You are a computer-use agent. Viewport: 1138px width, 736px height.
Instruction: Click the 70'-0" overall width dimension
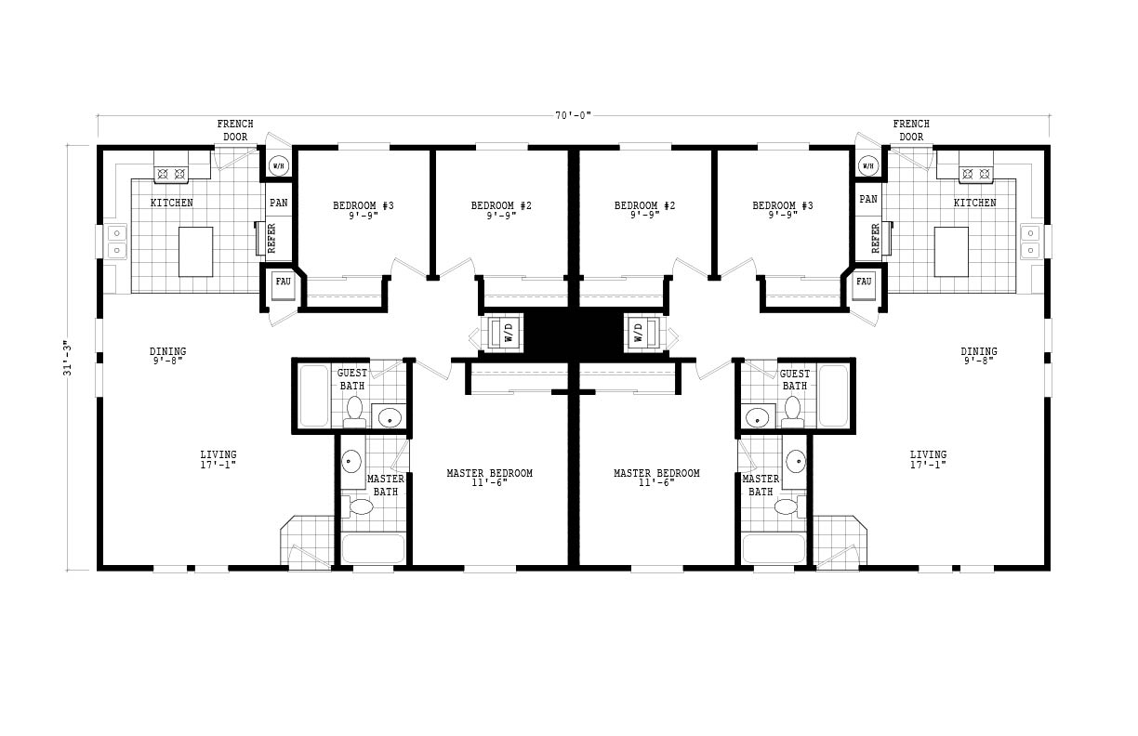pyautogui.click(x=573, y=116)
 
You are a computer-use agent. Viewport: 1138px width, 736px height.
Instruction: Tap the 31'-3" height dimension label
pyautogui.click(x=67, y=358)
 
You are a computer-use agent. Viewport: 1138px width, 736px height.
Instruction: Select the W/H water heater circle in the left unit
pyautogui.click(x=278, y=165)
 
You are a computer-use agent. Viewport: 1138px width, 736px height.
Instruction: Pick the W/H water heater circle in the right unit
pyautogui.click(x=868, y=165)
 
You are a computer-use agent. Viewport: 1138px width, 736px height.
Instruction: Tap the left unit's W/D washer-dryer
pyautogui.click(x=505, y=334)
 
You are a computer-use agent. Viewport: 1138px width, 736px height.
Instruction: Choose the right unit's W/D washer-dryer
pyautogui.click(x=642, y=334)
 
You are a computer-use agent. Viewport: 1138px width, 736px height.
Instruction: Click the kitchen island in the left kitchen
pyautogui.click(x=195, y=252)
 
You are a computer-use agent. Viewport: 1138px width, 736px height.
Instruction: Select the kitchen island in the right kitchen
pyautogui.click(x=951, y=252)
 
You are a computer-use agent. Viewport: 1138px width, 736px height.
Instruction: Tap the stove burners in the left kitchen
pyautogui.click(x=171, y=174)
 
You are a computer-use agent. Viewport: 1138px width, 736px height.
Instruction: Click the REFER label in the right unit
pyautogui.click(x=875, y=238)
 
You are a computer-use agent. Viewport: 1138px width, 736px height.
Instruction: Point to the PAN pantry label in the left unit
pyautogui.click(x=278, y=203)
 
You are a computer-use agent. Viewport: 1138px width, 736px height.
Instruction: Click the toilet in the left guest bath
pyautogui.click(x=354, y=412)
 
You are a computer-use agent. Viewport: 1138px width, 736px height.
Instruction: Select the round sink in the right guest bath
pyautogui.click(x=757, y=418)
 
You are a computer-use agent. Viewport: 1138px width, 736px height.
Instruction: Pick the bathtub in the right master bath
pyautogui.click(x=774, y=548)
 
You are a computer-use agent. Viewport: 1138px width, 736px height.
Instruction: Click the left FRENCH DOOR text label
pyautogui.click(x=235, y=130)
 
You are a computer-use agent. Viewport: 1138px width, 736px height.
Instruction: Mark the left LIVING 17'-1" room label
pyautogui.click(x=218, y=460)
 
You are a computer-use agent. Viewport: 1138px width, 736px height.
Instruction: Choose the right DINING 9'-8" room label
pyautogui.click(x=979, y=356)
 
